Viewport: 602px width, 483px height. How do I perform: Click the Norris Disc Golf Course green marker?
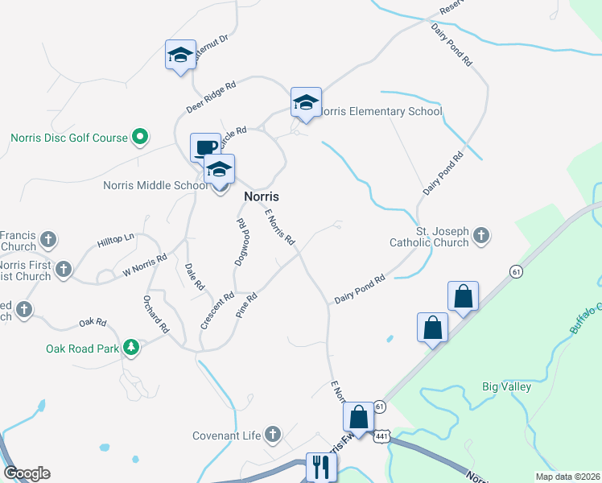tap(140, 138)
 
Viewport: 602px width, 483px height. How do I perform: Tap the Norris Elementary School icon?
tap(306, 102)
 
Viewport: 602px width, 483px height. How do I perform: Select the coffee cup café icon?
tap(205, 148)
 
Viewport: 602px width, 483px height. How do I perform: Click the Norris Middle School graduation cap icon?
tap(219, 171)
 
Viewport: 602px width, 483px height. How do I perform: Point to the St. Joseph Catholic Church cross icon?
tap(481, 236)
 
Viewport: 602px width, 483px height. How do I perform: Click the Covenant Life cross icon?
tap(272, 436)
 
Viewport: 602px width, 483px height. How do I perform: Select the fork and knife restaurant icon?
tap(321, 465)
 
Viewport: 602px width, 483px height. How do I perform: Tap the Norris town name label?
tap(261, 196)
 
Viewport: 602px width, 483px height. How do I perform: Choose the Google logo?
tap(27, 473)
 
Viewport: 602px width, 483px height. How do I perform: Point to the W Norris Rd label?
tap(144, 266)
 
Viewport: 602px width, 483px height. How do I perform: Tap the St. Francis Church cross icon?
tap(48, 239)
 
